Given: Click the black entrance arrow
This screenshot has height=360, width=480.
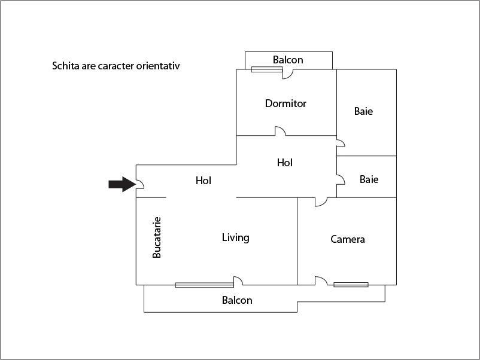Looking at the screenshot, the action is tap(122, 184).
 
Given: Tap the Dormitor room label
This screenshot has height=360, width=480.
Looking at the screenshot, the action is tap(285, 103).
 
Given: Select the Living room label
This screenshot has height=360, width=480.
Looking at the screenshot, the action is tap(236, 237).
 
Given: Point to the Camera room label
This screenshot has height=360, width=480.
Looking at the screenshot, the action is tap(348, 239).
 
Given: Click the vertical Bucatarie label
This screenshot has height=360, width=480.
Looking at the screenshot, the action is tap(157, 237).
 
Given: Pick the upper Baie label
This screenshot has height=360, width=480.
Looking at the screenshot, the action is tap(363, 111).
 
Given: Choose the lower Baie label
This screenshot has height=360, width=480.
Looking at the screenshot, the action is tap(369, 179).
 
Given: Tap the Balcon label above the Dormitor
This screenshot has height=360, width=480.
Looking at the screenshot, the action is tap(288, 60).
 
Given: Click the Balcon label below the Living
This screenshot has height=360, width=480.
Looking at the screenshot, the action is tap(237, 300).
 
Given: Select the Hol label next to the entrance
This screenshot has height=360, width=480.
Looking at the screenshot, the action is tap(203, 181).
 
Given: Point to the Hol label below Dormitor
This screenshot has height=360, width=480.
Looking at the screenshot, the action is tap(285, 163).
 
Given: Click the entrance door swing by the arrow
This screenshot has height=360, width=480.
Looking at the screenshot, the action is tap(140, 184).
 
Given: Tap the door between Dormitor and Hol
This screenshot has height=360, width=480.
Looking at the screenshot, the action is tap(281, 131).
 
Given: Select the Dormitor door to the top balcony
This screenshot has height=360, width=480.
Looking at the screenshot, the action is tap(287, 74).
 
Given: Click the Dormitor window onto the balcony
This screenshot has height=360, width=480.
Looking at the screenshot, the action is tap(266, 69).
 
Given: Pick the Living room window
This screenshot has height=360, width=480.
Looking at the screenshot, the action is tap(205, 285).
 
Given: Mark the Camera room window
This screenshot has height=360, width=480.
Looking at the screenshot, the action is tap(351, 285).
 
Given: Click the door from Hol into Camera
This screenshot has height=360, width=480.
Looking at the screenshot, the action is tap(321, 202).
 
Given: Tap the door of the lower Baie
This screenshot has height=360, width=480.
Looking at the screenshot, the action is tap(341, 180).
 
